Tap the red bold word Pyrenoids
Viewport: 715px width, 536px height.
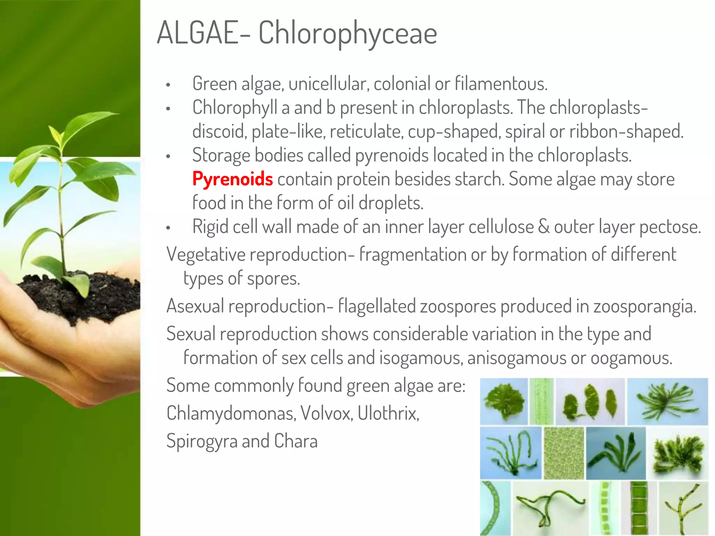tap(233, 179)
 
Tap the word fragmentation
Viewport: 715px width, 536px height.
tap(413, 254)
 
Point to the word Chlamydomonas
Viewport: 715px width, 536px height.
tap(231, 414)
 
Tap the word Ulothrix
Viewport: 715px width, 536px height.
tap(388, 414)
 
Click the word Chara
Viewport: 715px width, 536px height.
tap(296, 441)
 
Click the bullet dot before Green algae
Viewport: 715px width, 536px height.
tap(168, 85)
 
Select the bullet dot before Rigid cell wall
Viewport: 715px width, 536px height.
tap(168, 228)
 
